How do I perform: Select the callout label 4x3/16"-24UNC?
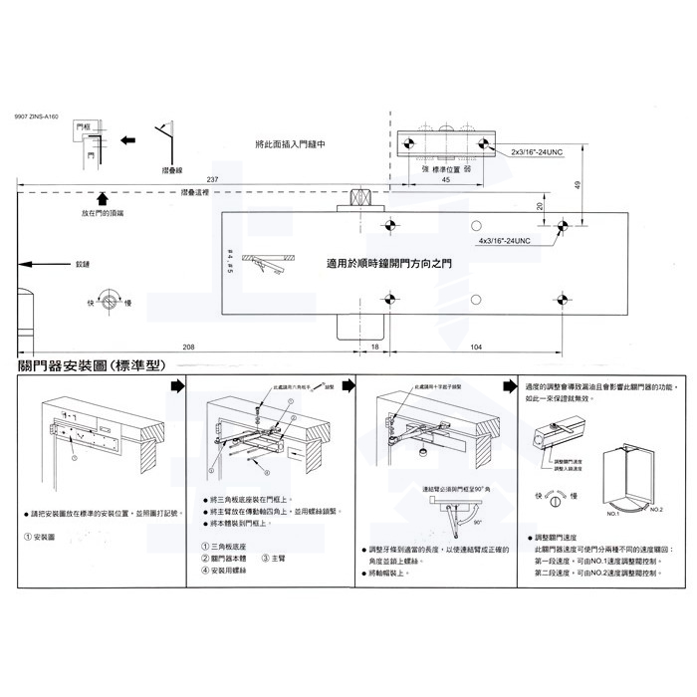click(509, 240)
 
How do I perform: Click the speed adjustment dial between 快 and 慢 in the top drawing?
click(115, 302)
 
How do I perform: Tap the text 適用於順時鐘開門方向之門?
click(388, 265)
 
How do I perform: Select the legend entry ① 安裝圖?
click(39, 537)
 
